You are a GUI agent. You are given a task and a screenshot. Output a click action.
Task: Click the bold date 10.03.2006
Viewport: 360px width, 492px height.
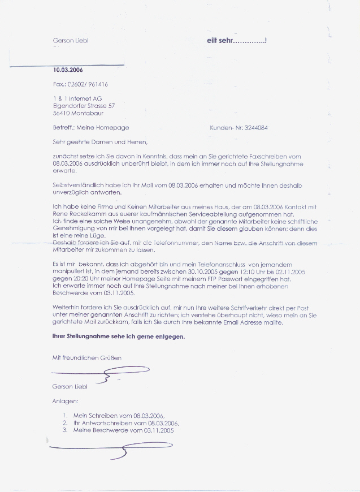coord(67,70)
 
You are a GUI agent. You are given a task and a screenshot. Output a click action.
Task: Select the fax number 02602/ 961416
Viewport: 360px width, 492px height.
coord(88,84)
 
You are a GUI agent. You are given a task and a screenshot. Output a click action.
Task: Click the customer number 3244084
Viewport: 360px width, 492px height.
coord(254,128)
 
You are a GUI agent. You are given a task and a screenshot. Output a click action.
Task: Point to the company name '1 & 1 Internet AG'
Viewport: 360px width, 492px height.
coord(77,98)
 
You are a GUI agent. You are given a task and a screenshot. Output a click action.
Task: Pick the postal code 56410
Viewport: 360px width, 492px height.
coord(61,113)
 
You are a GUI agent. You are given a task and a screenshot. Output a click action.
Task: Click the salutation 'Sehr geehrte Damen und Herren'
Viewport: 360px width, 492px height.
coord(99,142)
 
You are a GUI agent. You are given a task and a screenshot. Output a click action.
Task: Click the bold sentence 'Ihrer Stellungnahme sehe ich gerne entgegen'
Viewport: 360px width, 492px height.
coord(118,336)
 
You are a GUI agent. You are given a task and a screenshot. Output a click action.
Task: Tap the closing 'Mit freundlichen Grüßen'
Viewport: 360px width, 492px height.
coord(86,357)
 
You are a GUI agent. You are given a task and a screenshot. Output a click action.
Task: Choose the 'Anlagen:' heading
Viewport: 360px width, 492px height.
coord(64,402)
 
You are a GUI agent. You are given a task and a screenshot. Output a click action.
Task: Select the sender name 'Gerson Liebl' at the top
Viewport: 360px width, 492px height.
coord(71,41)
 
